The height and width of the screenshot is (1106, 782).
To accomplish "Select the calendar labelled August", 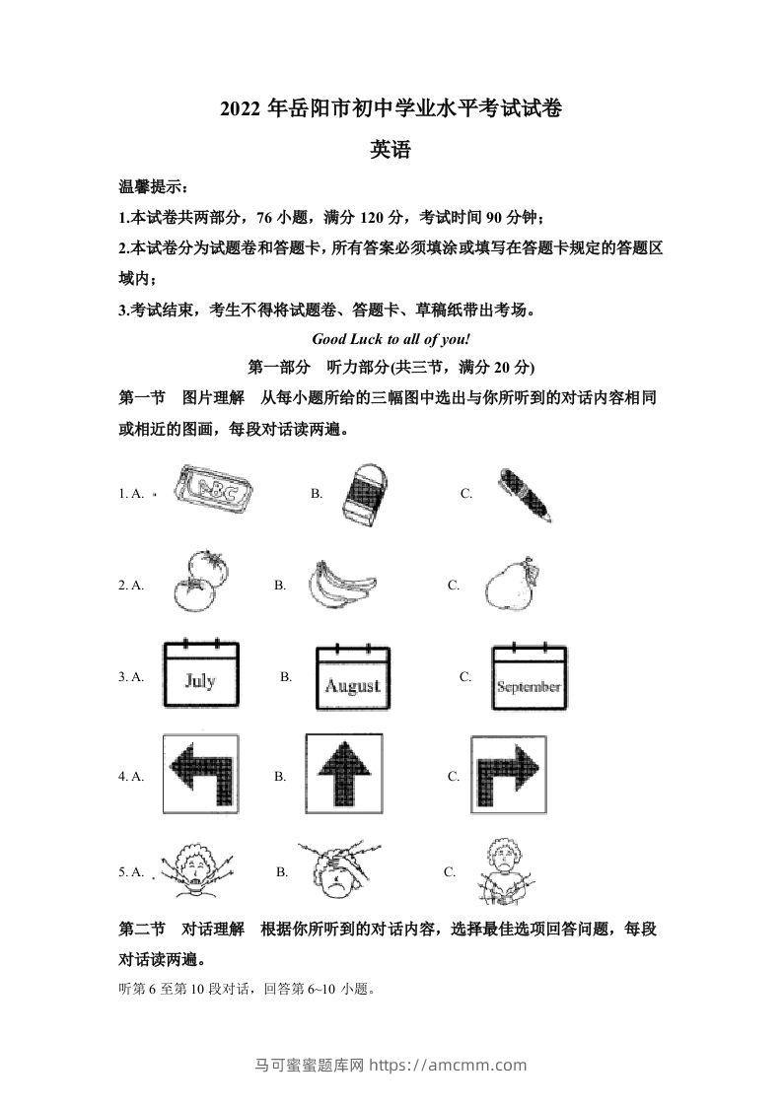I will (352, 678).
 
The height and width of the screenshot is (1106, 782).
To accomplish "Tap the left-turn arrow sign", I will (199, 774).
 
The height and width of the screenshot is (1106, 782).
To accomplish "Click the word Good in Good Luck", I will (329, 338).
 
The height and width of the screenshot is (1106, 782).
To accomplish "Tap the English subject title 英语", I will (391, 150).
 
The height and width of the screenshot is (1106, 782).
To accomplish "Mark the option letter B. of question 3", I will (286, 677).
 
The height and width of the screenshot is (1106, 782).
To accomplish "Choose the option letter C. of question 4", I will (454, 776).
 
